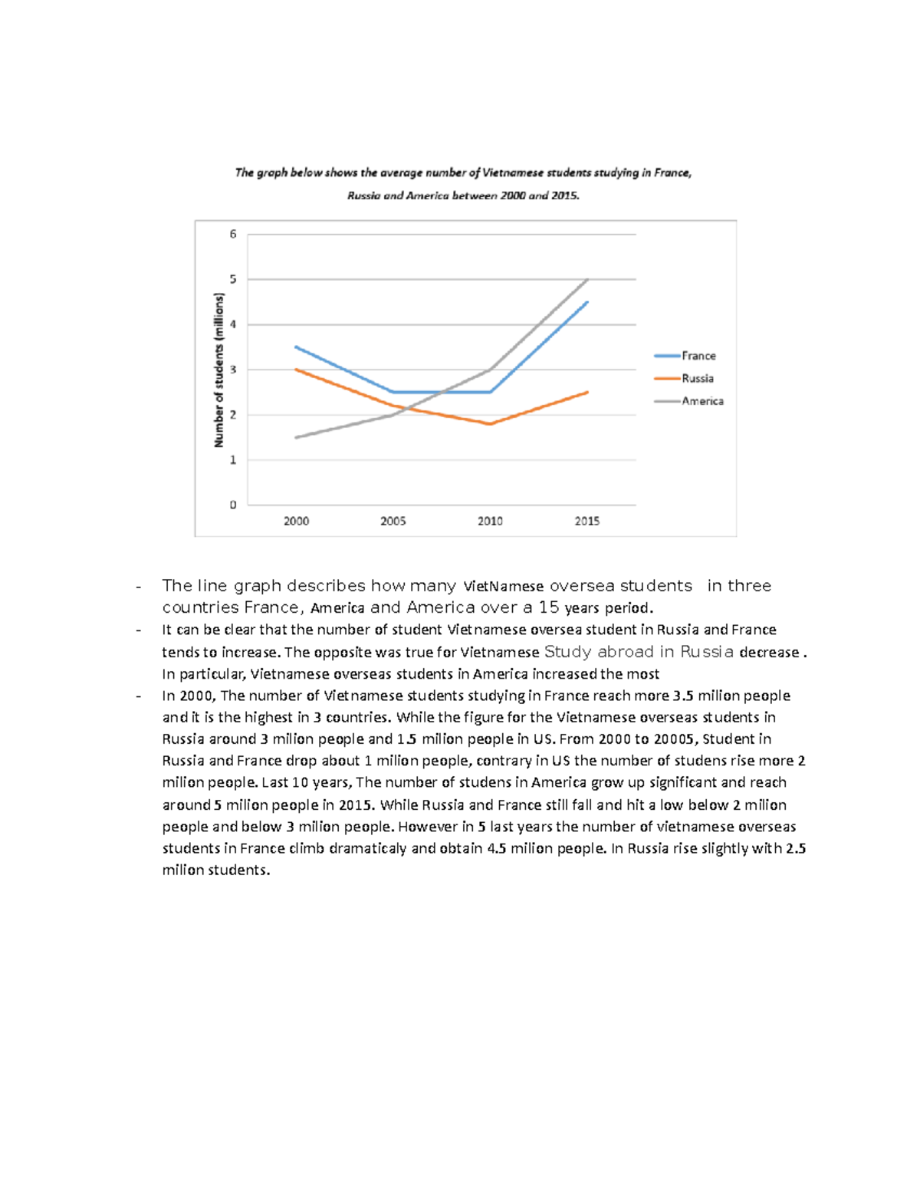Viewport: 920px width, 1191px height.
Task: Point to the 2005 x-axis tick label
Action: click(393, 521)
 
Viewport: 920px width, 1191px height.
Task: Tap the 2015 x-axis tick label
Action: click(587, 521)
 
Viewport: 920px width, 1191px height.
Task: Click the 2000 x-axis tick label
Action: click(296, 521)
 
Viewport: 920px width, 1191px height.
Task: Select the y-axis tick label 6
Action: click(233, 234)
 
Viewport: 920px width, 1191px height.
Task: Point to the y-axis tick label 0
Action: click(233, 505)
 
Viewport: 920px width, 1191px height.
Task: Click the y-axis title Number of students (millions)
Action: click(219, 370)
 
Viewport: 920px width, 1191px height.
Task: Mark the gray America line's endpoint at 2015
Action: click(587, 279)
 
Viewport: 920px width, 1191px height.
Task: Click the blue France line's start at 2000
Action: click(296, 347)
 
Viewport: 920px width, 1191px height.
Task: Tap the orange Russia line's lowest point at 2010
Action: click(490, 424)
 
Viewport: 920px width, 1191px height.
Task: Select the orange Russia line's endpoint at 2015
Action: click(587, 392)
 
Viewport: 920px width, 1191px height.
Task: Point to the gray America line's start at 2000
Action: click(296, 437)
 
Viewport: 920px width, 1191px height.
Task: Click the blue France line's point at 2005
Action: click(393, 392)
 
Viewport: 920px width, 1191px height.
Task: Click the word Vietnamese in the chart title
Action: click(512, 173)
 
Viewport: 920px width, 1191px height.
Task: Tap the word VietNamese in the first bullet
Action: click(503, 587)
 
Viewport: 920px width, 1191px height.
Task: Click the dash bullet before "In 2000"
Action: click(138, 696)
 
